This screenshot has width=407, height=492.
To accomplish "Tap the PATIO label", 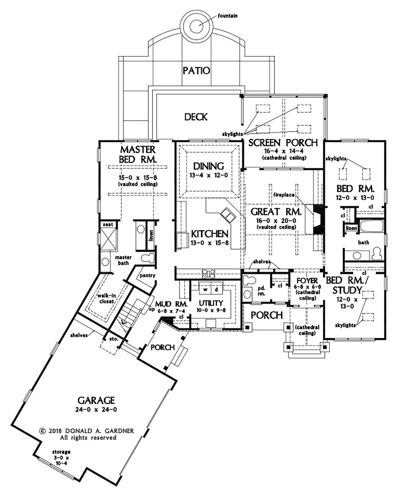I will [196, 71].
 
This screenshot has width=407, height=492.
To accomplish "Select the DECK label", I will [196, 117].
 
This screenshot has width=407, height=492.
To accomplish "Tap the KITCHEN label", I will [209, 233].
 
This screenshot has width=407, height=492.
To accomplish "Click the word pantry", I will [147, 276].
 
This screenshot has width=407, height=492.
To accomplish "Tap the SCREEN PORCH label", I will [283, 143].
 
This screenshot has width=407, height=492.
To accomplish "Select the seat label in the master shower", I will [108, 225].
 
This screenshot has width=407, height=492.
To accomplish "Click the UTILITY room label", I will [211, 303].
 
